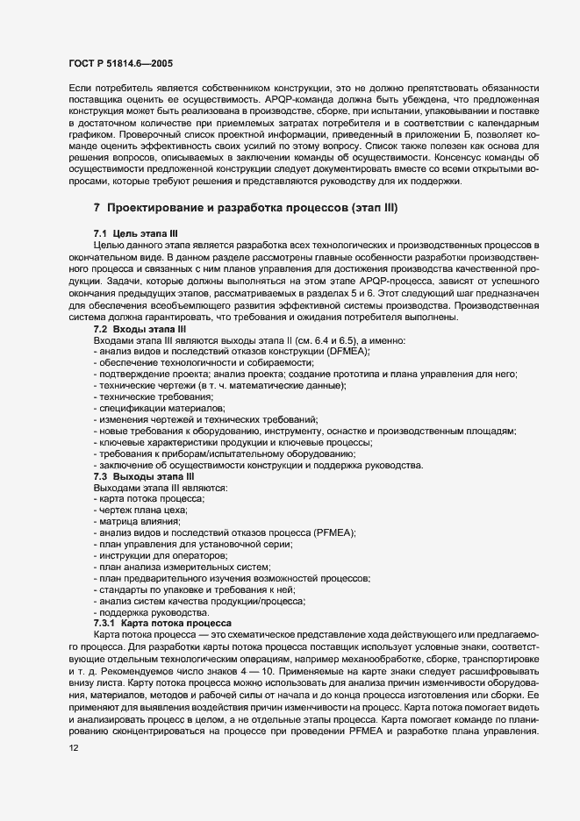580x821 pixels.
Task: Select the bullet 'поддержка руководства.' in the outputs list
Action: (x=151, y=611)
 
